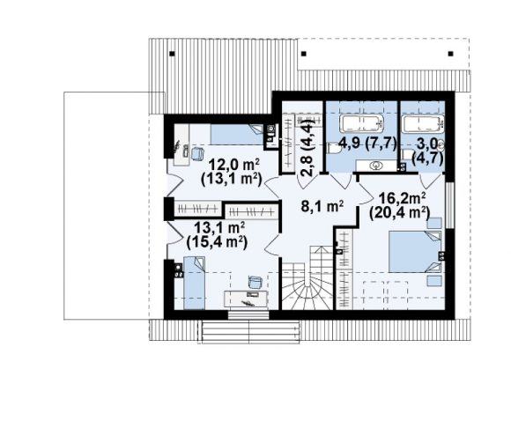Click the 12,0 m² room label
coord(234,165)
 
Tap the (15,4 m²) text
coord(217,242)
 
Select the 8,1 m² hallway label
coord(322,206)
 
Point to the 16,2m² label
coord(402,198)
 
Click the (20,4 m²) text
coord(399,213)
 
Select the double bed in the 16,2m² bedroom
coord(415,252)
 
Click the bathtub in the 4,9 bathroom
coord(361,124)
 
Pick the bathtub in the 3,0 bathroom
coord(423,124)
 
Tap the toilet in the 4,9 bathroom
coord(334,149)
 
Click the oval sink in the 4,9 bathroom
coord(376,166)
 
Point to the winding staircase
coord(307,278)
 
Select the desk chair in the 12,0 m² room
coord(197,153)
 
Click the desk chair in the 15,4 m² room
coord(255,282)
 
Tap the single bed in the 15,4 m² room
coord(194,283)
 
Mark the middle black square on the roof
coord(304,54)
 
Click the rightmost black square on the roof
coord(451,54)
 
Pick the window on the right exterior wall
coord(449,205)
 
